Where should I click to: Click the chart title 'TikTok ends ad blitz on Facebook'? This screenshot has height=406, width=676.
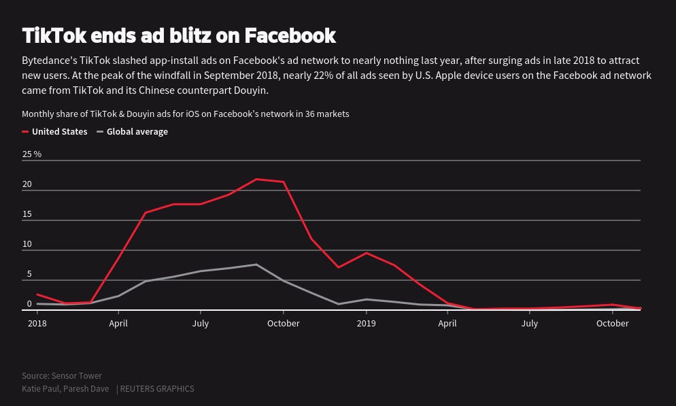tap(179, 35)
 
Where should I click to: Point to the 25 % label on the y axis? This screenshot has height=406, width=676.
tap(32, 154)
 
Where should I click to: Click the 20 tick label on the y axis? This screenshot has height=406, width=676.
tap(27, 184)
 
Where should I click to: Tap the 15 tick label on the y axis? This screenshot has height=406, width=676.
tap(27, 214)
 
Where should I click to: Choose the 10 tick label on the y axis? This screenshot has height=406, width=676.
tap(27, 244)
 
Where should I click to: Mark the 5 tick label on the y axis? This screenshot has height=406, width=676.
tap(29, 274)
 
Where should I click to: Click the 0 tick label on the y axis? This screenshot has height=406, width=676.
tap(29, 304)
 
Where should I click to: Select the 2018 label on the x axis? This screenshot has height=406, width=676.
tap(37, 324)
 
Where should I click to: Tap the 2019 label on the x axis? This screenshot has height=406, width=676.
tap(366, 324)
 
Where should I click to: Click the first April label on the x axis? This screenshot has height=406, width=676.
tap(118, 324)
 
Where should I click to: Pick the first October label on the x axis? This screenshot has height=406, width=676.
tap(283, 324)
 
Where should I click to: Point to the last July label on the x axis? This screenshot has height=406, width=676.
tap(529, 324)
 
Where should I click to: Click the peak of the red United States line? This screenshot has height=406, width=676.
tap(256, 179)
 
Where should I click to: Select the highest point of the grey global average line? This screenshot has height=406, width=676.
tap(256, 265)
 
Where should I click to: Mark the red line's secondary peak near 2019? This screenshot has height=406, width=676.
tap(367, 253)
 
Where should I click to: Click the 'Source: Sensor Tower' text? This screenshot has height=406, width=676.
tap(62, 376)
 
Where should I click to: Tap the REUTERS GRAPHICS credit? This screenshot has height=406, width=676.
tap(156, 389)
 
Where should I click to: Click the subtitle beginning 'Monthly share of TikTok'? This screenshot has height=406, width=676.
tap(185, 114)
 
